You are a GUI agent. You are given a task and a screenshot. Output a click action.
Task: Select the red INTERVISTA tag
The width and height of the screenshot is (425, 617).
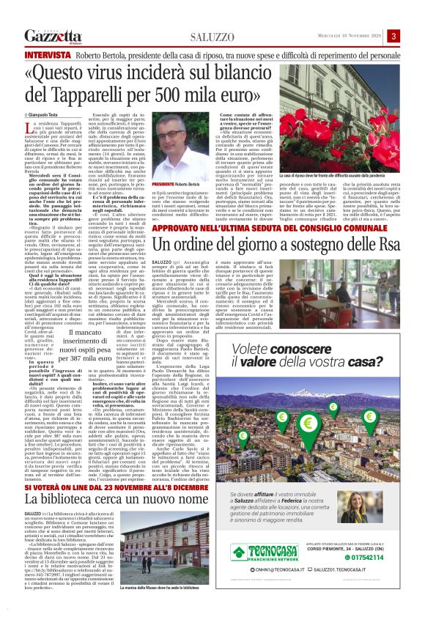coord(47,55)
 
